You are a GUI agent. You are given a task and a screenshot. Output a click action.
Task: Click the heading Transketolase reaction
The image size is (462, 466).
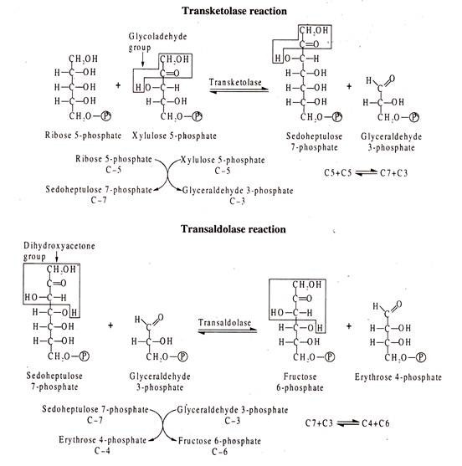[234, 11]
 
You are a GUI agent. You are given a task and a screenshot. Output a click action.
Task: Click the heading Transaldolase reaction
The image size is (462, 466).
[234, 229]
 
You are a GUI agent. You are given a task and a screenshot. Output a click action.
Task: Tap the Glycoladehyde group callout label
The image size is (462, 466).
[157, 42]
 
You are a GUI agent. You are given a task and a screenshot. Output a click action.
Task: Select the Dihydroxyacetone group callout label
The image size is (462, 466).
[59, 251]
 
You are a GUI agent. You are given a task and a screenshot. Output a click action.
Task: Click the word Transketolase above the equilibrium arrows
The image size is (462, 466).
[235, 82]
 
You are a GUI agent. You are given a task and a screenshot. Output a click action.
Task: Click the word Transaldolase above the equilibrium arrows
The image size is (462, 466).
[224, 322]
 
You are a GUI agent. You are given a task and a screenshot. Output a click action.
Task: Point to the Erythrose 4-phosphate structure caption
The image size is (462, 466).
[398, 377]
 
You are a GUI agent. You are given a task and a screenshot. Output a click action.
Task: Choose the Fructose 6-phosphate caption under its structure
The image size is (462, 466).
[300, 382]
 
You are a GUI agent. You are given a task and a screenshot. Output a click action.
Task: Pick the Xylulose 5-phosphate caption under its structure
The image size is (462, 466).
[174, 136]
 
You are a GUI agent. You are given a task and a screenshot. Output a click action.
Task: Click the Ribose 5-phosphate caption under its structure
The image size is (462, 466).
[83, 136]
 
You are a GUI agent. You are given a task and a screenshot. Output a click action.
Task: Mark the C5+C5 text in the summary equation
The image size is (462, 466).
[338, 173]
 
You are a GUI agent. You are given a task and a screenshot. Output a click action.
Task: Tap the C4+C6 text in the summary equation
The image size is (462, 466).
[376, 423]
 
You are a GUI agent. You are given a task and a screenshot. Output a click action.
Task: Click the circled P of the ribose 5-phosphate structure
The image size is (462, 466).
[106, 115]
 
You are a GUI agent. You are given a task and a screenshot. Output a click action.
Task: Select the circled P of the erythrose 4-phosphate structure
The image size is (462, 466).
[421, 357]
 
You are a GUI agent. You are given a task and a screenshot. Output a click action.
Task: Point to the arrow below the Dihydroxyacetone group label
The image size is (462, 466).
[56, 257]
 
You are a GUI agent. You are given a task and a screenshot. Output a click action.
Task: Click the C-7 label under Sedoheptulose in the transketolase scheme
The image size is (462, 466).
[99, 200]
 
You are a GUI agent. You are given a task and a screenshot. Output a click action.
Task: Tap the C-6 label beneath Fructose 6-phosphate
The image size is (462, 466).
[220, 452]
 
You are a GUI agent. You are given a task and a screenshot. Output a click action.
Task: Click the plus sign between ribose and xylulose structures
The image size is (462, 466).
[118, 85]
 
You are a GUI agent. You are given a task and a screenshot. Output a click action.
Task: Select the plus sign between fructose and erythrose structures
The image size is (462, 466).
[349, 326]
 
